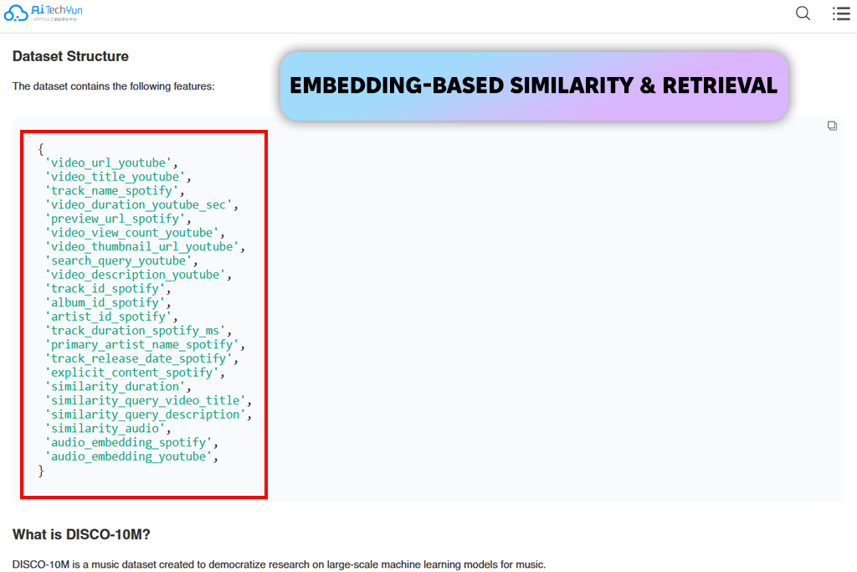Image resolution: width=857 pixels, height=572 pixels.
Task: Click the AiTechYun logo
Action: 44,13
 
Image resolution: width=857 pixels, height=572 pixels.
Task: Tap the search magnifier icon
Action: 803,13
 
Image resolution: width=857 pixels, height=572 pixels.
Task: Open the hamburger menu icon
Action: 841,13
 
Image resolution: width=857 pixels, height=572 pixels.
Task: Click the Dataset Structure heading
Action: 70,56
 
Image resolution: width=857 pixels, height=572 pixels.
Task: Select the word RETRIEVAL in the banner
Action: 720,86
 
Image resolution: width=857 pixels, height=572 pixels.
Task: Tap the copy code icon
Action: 832,126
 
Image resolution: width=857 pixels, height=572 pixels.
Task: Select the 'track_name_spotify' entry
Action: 115,191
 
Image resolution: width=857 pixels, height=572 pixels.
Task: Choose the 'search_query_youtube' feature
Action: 121,260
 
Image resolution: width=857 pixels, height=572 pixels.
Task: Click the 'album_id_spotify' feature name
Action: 108,303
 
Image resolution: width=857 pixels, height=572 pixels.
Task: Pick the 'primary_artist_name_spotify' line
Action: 145,345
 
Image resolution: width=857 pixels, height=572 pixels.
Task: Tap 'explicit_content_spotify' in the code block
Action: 135,373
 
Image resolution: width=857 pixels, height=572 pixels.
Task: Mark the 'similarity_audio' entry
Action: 108,429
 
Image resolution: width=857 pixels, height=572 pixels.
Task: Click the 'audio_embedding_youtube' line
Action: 131,456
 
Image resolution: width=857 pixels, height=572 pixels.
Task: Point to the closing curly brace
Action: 41,471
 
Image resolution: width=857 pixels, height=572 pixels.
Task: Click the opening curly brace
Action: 41,149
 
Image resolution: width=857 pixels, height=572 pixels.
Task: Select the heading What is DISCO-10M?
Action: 81,535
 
